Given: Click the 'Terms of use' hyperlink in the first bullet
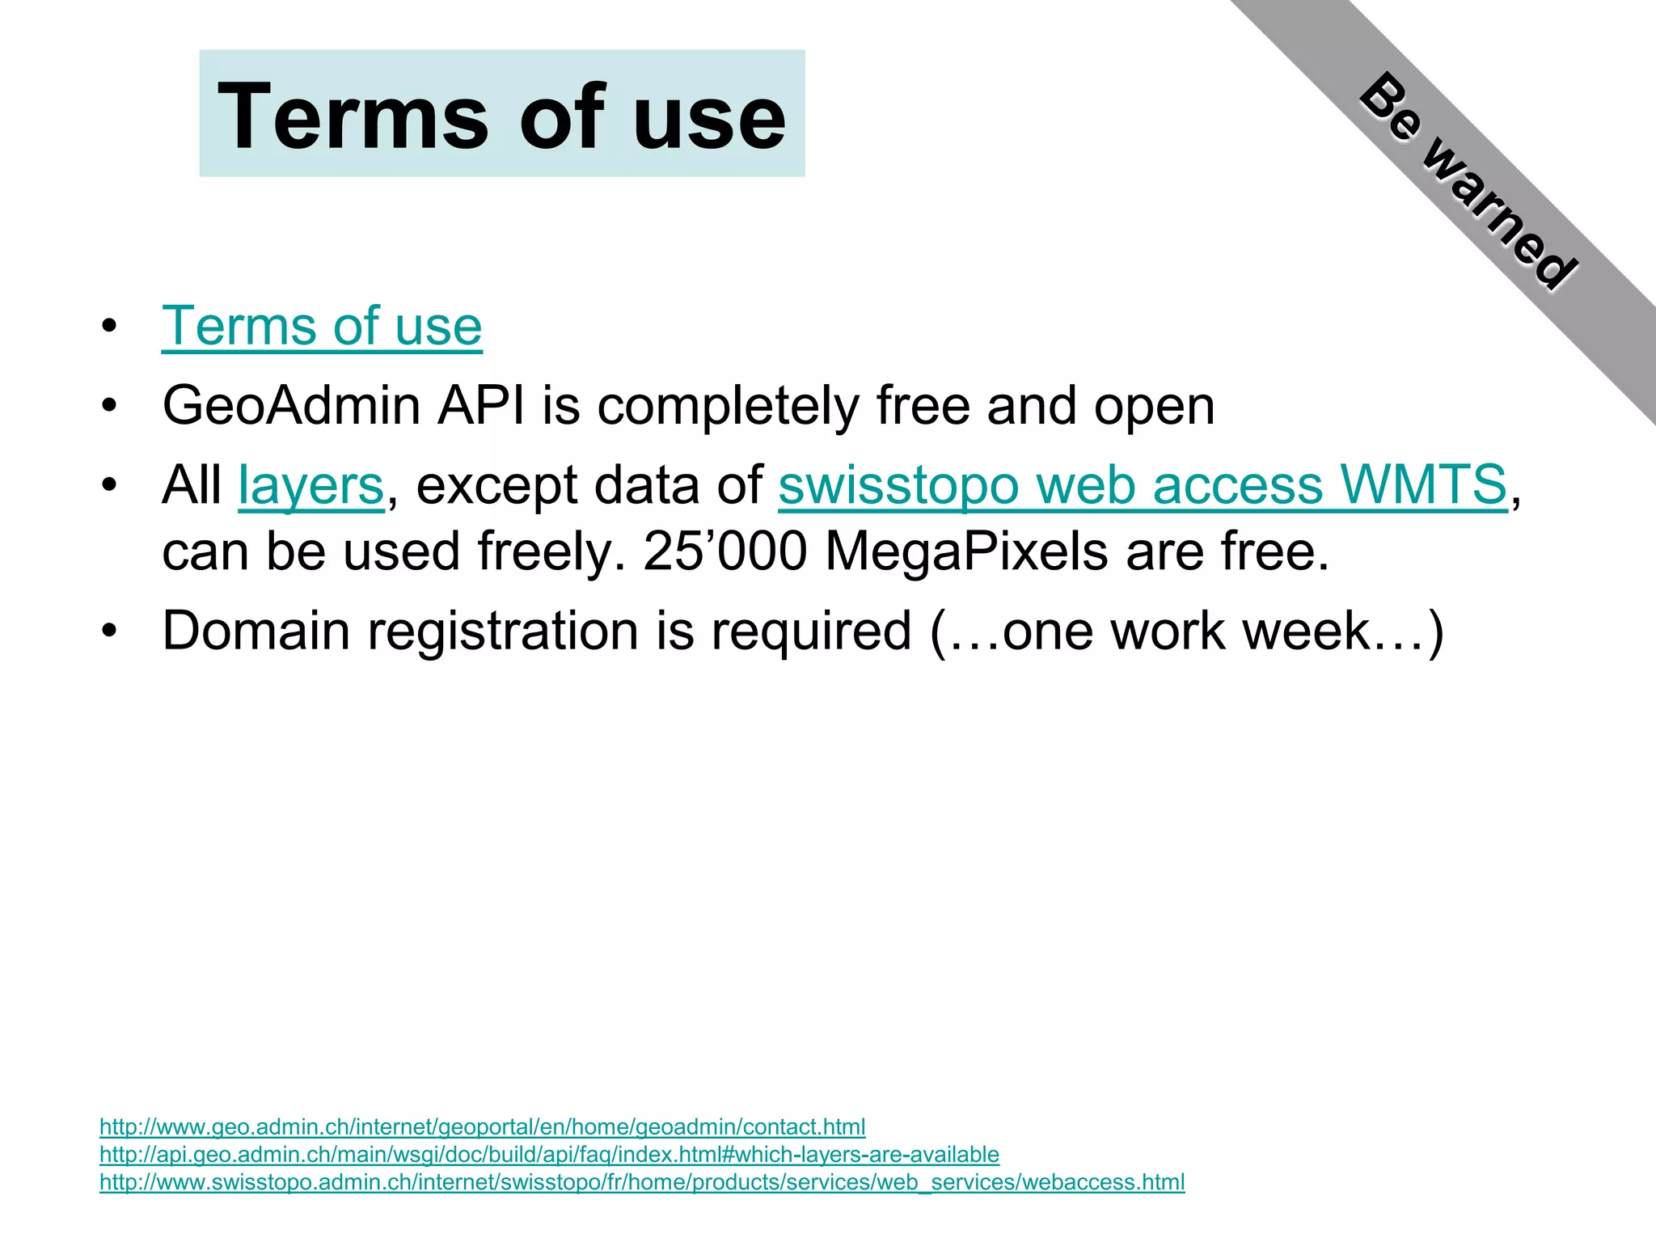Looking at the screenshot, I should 322,326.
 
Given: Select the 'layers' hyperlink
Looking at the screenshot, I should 311,486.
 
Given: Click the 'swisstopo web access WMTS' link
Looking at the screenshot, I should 1143,485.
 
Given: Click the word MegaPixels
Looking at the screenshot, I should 966,551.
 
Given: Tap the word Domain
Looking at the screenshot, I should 256,631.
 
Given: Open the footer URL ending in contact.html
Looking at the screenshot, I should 482,1126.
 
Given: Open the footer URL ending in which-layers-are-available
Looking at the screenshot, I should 549,1154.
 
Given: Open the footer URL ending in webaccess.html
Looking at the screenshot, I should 642,1181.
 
